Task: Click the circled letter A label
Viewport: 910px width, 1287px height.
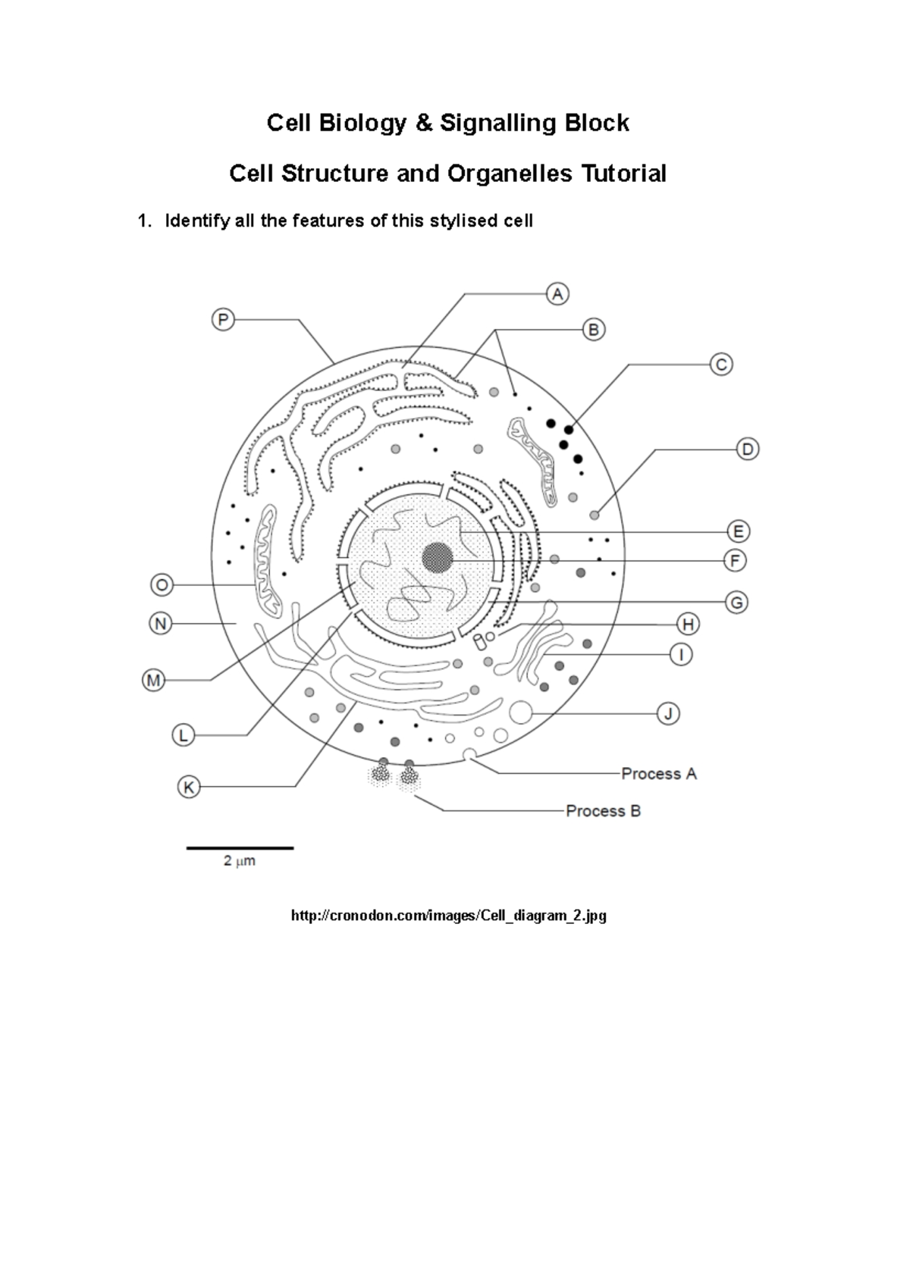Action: click(x=557, y=294)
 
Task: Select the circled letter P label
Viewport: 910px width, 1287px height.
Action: click(x=222, y=320)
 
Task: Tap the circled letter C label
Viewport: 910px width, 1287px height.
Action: click(x=720, y=365)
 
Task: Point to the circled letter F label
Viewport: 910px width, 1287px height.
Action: click(x=735, y=561)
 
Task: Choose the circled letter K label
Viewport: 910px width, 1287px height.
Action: click(x=188, y=787)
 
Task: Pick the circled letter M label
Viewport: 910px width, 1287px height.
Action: click(x=154, y=680)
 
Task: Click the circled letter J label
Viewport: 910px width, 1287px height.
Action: click(x=667, y=713)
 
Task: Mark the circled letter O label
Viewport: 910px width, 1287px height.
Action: click(x=162, y=585)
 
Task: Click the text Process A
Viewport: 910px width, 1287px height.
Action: click(x=658, y=774)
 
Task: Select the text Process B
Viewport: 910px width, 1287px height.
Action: click(x=603, y=811)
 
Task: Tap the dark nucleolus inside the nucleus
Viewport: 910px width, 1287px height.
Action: click(x=438, y=559)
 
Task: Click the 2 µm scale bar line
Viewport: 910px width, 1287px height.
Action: click(x=240, y=847)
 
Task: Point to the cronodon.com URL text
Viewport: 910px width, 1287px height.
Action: click(x=449, y=916)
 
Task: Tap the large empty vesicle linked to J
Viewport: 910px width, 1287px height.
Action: click(x=520, y=712)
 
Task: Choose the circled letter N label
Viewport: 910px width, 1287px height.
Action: click(x=160, y=624)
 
